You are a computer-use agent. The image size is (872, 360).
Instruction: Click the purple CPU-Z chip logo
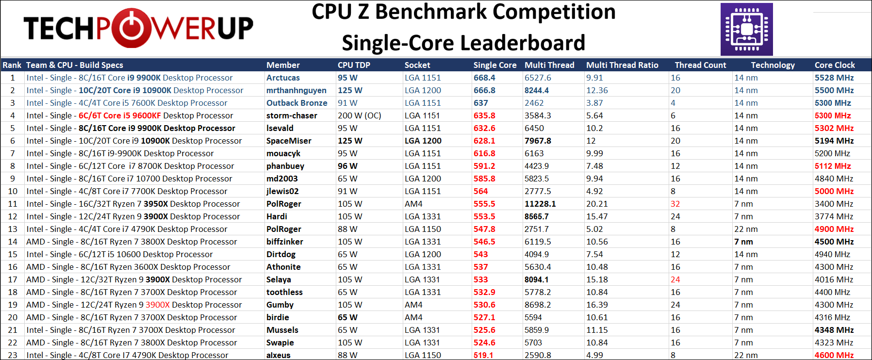746,29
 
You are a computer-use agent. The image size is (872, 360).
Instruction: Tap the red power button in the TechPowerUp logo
129,28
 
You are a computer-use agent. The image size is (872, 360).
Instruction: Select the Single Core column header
495,65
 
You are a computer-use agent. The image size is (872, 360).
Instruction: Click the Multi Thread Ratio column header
622,65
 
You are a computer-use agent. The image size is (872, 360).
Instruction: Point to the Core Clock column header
835,65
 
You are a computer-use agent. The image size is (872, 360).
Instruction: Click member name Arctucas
283,78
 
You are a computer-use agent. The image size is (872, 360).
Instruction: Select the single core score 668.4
484,78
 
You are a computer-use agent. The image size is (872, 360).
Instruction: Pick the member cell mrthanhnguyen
296,90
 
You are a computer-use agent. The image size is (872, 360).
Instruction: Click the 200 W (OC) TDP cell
359,115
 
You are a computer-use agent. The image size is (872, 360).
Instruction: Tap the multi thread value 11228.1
540,204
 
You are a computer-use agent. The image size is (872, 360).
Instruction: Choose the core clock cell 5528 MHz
834,78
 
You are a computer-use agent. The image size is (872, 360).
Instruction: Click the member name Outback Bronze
296,103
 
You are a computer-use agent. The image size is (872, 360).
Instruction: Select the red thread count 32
675,204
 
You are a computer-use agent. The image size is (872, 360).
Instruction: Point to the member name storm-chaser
292,115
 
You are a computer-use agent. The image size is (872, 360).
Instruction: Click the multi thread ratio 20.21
597,204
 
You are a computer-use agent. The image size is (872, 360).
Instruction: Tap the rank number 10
13,191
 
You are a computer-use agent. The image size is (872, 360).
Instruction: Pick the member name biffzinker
284,242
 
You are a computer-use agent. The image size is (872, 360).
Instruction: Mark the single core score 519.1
483,355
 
